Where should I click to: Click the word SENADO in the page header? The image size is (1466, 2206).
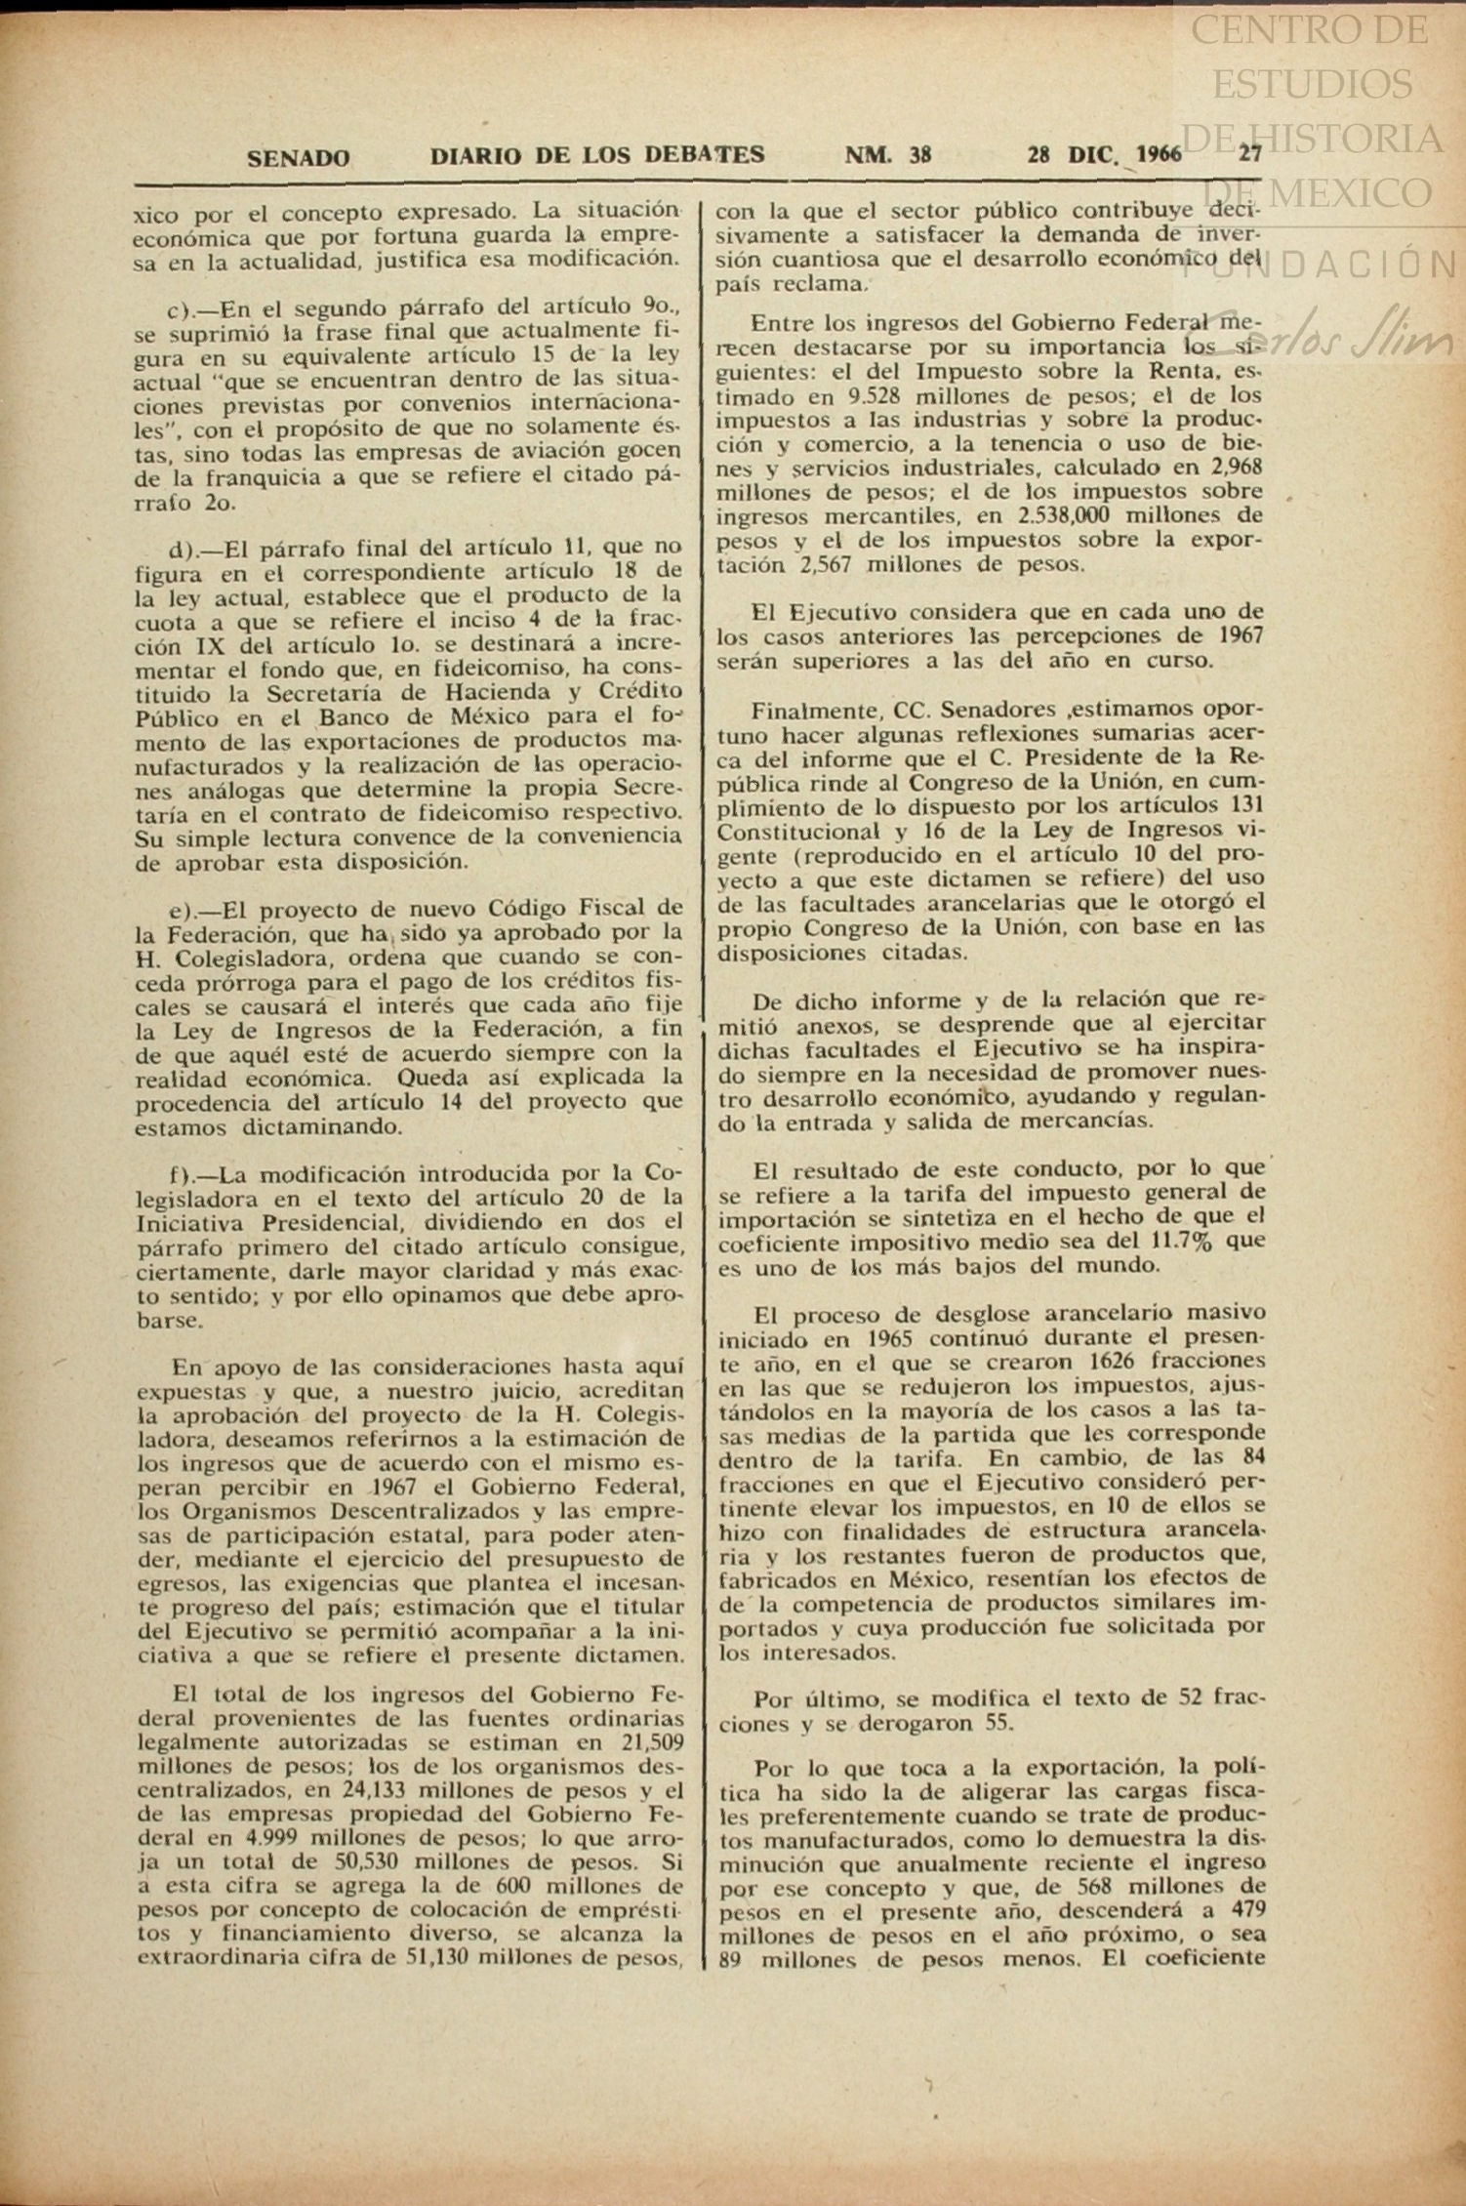(x=298, y=157)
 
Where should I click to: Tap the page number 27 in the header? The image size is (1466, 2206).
(x=1250, y=153)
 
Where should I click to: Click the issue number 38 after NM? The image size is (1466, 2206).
(x=919, y=154)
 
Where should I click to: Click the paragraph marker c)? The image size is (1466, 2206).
(x=183, y=309)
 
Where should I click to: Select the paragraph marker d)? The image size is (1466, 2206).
(x=183, y=547)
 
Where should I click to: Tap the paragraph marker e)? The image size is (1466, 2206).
(x=183, y=910)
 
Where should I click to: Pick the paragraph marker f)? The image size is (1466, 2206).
(x=183, y=1173)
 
